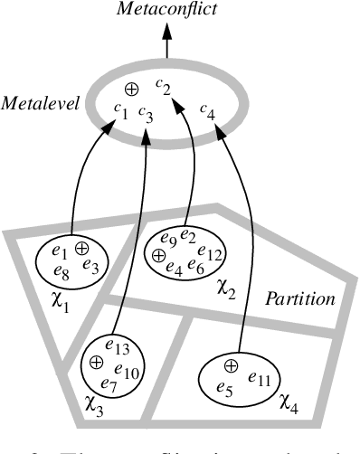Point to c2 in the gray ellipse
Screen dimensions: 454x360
163,86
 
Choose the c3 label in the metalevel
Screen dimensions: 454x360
146,112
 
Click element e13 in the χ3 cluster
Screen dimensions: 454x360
118,346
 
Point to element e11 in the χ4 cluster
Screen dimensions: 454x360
260,378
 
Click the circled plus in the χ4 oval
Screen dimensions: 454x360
231,366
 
